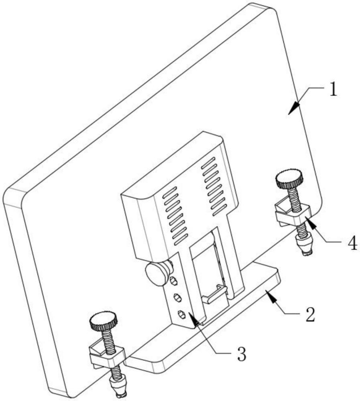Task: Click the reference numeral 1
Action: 333,90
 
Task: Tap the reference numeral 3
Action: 242,354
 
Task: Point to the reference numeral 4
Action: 353,243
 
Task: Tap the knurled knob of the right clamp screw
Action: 289,178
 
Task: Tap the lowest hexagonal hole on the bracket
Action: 181,314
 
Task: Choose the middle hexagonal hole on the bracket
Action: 178,298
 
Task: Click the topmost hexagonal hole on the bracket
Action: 174,281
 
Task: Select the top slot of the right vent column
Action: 208,163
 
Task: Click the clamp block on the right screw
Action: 293,213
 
